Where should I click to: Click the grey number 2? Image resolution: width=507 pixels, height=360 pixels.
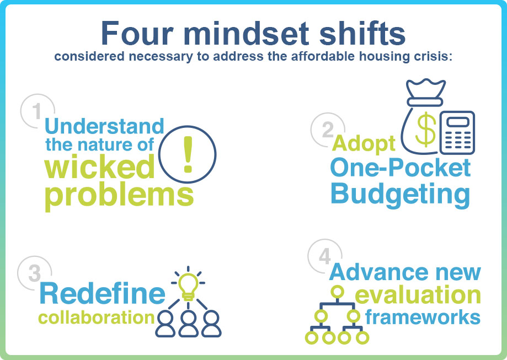click(328, 130)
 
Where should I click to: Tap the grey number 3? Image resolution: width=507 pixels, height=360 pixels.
click(35, 273)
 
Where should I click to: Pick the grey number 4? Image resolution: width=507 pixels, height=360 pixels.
click(324, 256)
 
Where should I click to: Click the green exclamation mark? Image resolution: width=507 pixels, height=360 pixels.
click(188, 154)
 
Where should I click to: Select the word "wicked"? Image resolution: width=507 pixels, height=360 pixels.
click(100, 166)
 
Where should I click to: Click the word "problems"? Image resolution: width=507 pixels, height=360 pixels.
click(119, 196)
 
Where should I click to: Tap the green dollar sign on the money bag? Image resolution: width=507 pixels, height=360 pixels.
click(425, 129)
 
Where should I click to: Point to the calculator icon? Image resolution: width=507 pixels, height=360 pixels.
click(457, 132)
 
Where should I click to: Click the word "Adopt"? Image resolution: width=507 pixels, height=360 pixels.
click(364, 143)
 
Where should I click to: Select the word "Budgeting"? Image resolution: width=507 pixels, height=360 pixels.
click(401, 194)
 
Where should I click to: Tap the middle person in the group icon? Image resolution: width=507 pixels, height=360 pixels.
click(189, 324)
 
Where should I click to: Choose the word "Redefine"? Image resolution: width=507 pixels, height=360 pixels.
click(102, 293)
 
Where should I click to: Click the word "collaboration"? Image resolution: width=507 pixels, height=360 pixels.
click(97, 318)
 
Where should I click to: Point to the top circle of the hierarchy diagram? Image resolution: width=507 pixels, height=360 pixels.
click(337, 292)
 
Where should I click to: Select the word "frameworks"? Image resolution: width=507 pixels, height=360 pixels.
click(423, 317)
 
